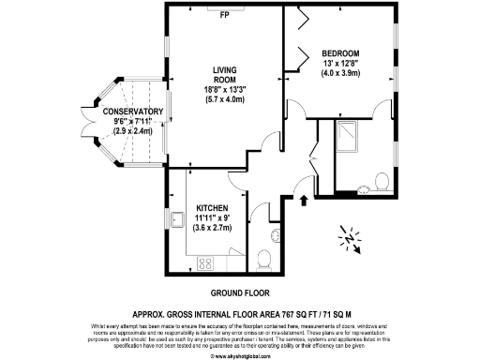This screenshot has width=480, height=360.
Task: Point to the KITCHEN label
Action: [214, 208]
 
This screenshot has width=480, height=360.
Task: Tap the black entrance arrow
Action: [303, 199]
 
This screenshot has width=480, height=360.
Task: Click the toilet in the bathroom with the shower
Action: [382, 180]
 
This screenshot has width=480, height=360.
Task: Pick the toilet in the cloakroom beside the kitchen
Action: [266, 258]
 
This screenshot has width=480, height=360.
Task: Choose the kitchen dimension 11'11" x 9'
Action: [214, 217]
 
